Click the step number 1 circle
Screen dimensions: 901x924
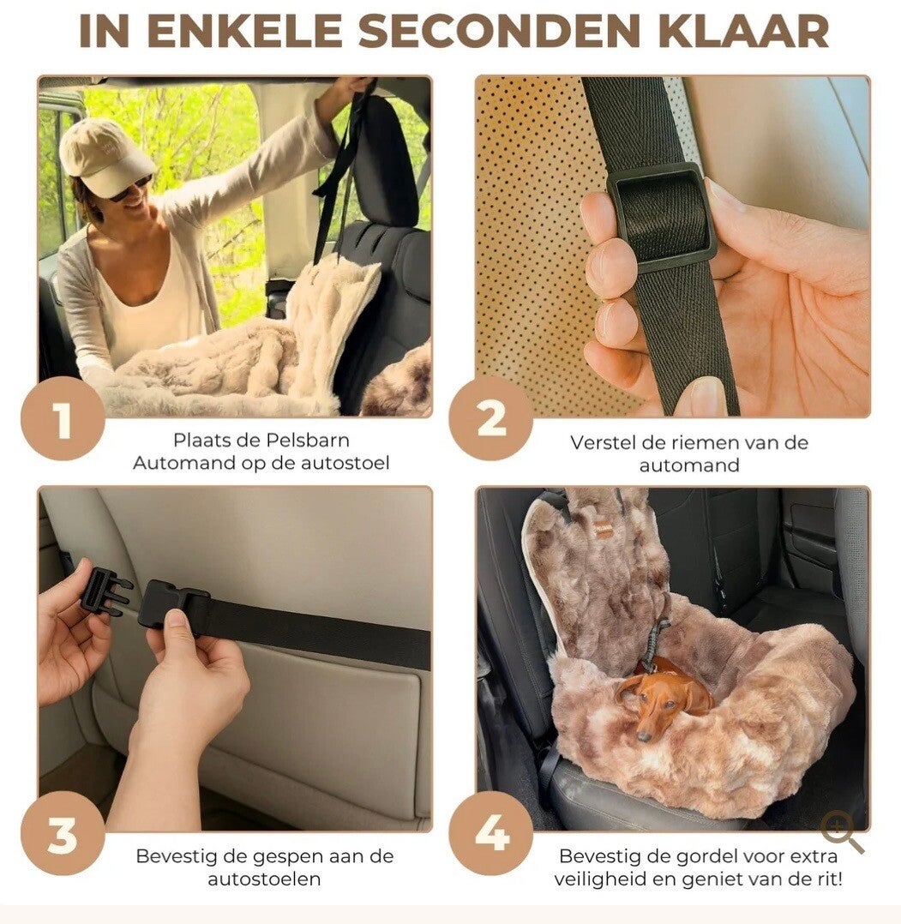click(63, 420)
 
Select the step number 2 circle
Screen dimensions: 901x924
click(491, 420)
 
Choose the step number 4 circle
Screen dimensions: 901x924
click(491, 833)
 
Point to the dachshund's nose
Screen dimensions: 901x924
click(645, 736)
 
